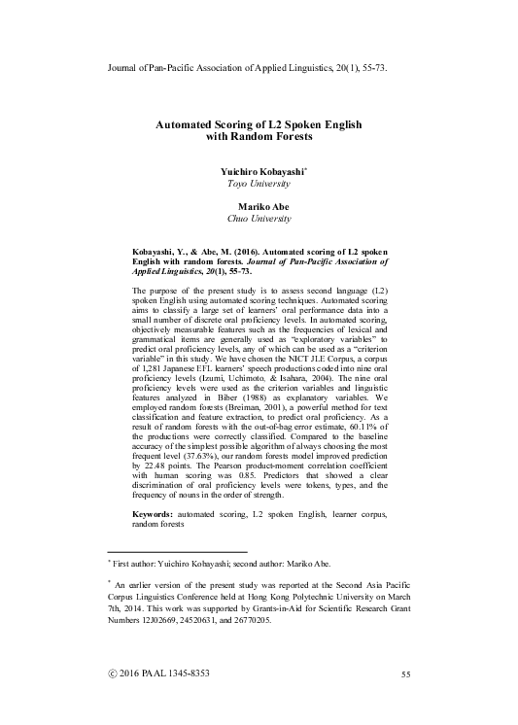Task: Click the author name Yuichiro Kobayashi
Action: (263, 169)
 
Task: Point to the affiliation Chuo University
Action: (264, 219)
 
